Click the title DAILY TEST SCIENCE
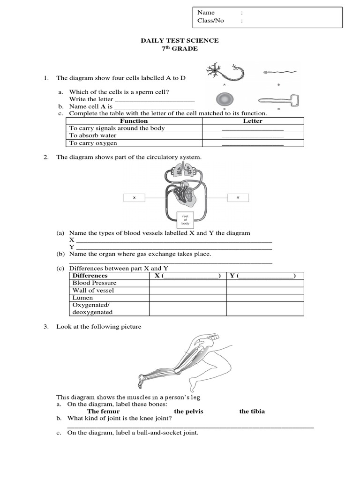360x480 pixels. coord(180,41)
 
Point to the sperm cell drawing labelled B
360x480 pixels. coord(278,73)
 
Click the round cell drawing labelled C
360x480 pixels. coord(224,99)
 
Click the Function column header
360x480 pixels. coord(134,121)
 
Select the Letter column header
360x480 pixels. coord(253,121)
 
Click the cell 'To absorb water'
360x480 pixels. coord(93,135)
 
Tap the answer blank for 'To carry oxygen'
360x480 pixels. coord(253,143)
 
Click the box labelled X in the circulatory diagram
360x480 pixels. coord(134,198)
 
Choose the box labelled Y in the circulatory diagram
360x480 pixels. coord(238,198)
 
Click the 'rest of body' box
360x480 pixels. coord(185,219)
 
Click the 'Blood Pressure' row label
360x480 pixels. coord(94,283)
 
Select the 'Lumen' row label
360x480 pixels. coord(83,298)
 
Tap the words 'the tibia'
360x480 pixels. coord(252,412)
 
